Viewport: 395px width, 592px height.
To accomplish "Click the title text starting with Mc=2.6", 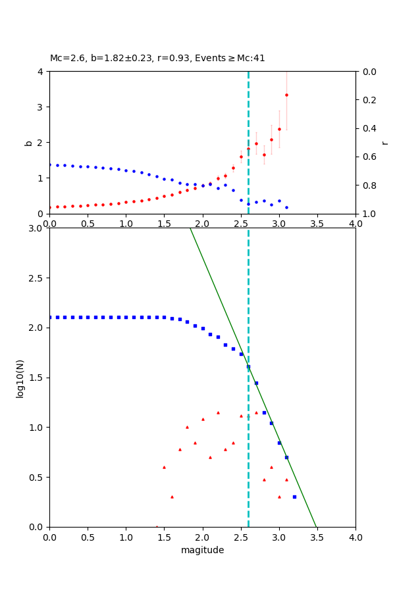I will pos(157,58).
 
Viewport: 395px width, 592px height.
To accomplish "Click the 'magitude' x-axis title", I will pos(202,550).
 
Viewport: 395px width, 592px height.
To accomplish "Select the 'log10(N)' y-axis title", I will pos(20,378).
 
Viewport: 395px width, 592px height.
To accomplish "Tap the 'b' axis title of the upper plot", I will pos(28,142).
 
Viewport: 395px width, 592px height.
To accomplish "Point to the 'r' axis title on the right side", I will pos(384,142).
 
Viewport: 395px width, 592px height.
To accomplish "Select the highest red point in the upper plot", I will pos(286,95).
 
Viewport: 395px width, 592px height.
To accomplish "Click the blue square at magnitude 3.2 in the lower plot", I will pos(294,497).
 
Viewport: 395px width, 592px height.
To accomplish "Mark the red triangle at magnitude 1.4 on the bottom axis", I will pos(157,526).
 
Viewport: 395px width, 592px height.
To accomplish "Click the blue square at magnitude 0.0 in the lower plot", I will pos(49,317).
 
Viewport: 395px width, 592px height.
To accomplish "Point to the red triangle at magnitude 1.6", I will pos(172,497).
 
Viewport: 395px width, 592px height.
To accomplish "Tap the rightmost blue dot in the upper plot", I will pos(286,207).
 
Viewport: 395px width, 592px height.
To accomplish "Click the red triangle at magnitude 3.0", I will pos(279,497).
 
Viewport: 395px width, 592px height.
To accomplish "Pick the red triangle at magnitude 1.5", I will pos(164,467).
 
